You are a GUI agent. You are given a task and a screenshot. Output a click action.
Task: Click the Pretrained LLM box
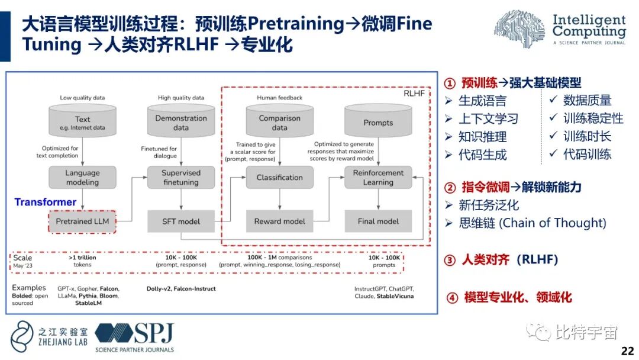click(x=82, y=221)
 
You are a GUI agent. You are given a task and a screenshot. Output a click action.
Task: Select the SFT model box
click(x=181, y=221)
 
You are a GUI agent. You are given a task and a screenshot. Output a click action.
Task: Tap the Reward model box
click(x=279, y=221)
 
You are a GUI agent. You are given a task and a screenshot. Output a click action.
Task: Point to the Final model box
click(x=378, y=221)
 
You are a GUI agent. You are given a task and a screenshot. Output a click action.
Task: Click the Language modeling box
click(x=82, y=178)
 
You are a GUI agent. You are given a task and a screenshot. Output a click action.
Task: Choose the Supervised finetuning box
click(x=181, y=178)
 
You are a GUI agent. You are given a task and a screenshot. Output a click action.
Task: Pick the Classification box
click(x=279, y=178)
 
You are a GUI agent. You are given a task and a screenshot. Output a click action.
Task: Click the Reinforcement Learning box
click(x=378, y=178)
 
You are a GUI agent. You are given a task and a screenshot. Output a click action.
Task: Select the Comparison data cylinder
click(x=279, y=121)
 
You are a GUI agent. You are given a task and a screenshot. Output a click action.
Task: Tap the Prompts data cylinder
click(x=378, y=121)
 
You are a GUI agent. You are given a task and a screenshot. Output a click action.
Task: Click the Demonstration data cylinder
click(x=181, y=121)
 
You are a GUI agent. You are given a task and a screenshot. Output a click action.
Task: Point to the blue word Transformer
click(x=46, y=202)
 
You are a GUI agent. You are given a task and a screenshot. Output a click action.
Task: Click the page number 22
click(x=627, y=351)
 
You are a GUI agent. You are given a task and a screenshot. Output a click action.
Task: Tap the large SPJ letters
click(x=153, y=334)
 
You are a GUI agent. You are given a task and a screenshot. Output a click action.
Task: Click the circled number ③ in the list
click(x=450, y=260)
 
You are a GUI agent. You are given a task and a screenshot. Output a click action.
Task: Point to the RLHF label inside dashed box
click(x=414, y=94)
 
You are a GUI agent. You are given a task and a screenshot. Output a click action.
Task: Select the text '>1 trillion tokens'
click(x=82, y=261)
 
